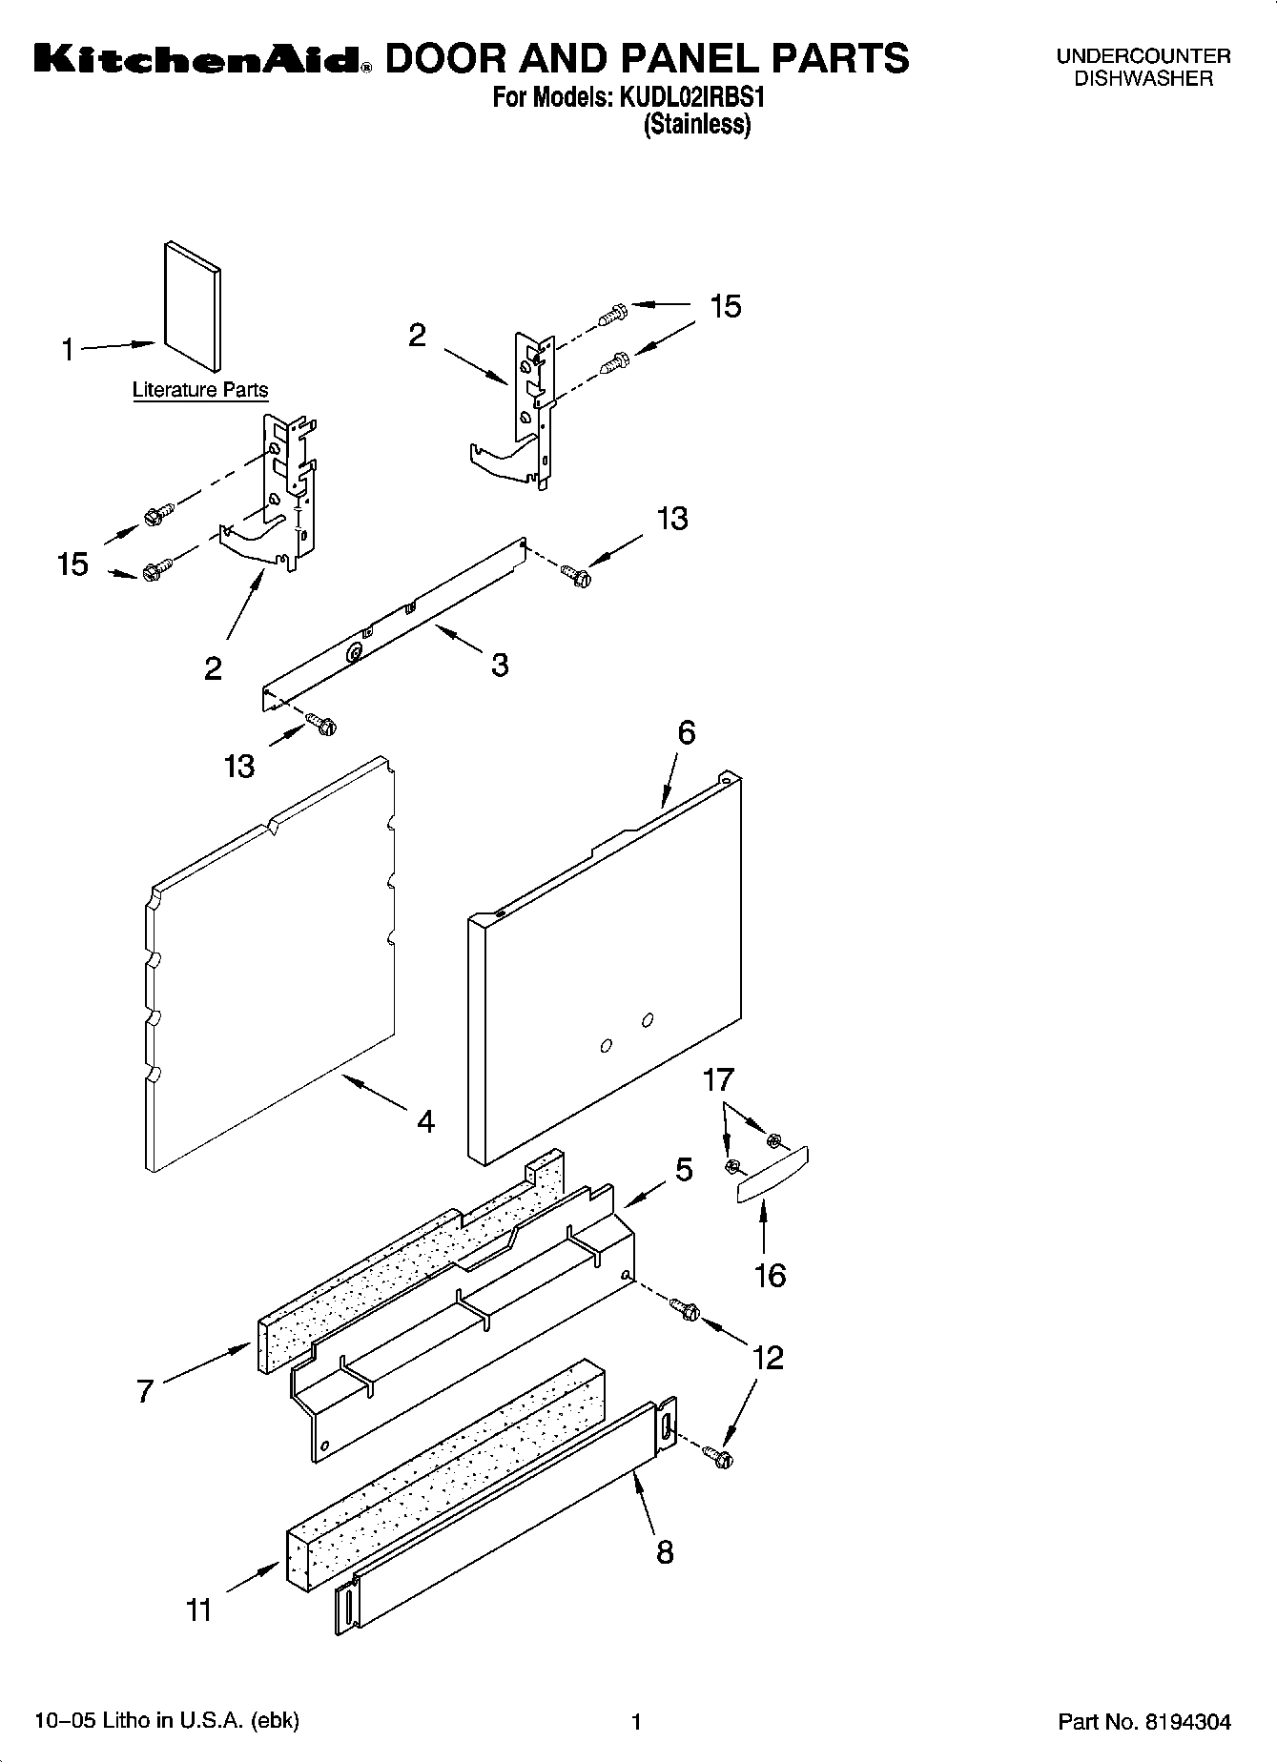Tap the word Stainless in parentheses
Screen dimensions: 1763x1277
pos(697,125)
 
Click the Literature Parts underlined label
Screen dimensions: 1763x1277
pos(199,390)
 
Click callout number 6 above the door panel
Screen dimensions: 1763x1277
pos(686,732)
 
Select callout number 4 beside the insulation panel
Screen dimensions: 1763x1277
pos(425,1121)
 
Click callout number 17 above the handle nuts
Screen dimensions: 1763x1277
pos(718,1080)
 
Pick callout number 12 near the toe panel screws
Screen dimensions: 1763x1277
pos(767,1358)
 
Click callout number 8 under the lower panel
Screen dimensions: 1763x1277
pos(665,1551)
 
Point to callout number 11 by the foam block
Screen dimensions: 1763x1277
pos(198,1610)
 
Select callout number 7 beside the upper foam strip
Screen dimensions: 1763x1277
pos(145,1391)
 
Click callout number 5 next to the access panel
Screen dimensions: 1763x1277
pos(684,1170)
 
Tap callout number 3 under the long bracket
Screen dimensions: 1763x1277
pos(500,665)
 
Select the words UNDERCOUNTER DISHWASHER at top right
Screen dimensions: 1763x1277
pos(1143,68)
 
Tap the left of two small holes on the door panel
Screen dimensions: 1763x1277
pos(606,1046)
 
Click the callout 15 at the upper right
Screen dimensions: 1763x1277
pos(725,307)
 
